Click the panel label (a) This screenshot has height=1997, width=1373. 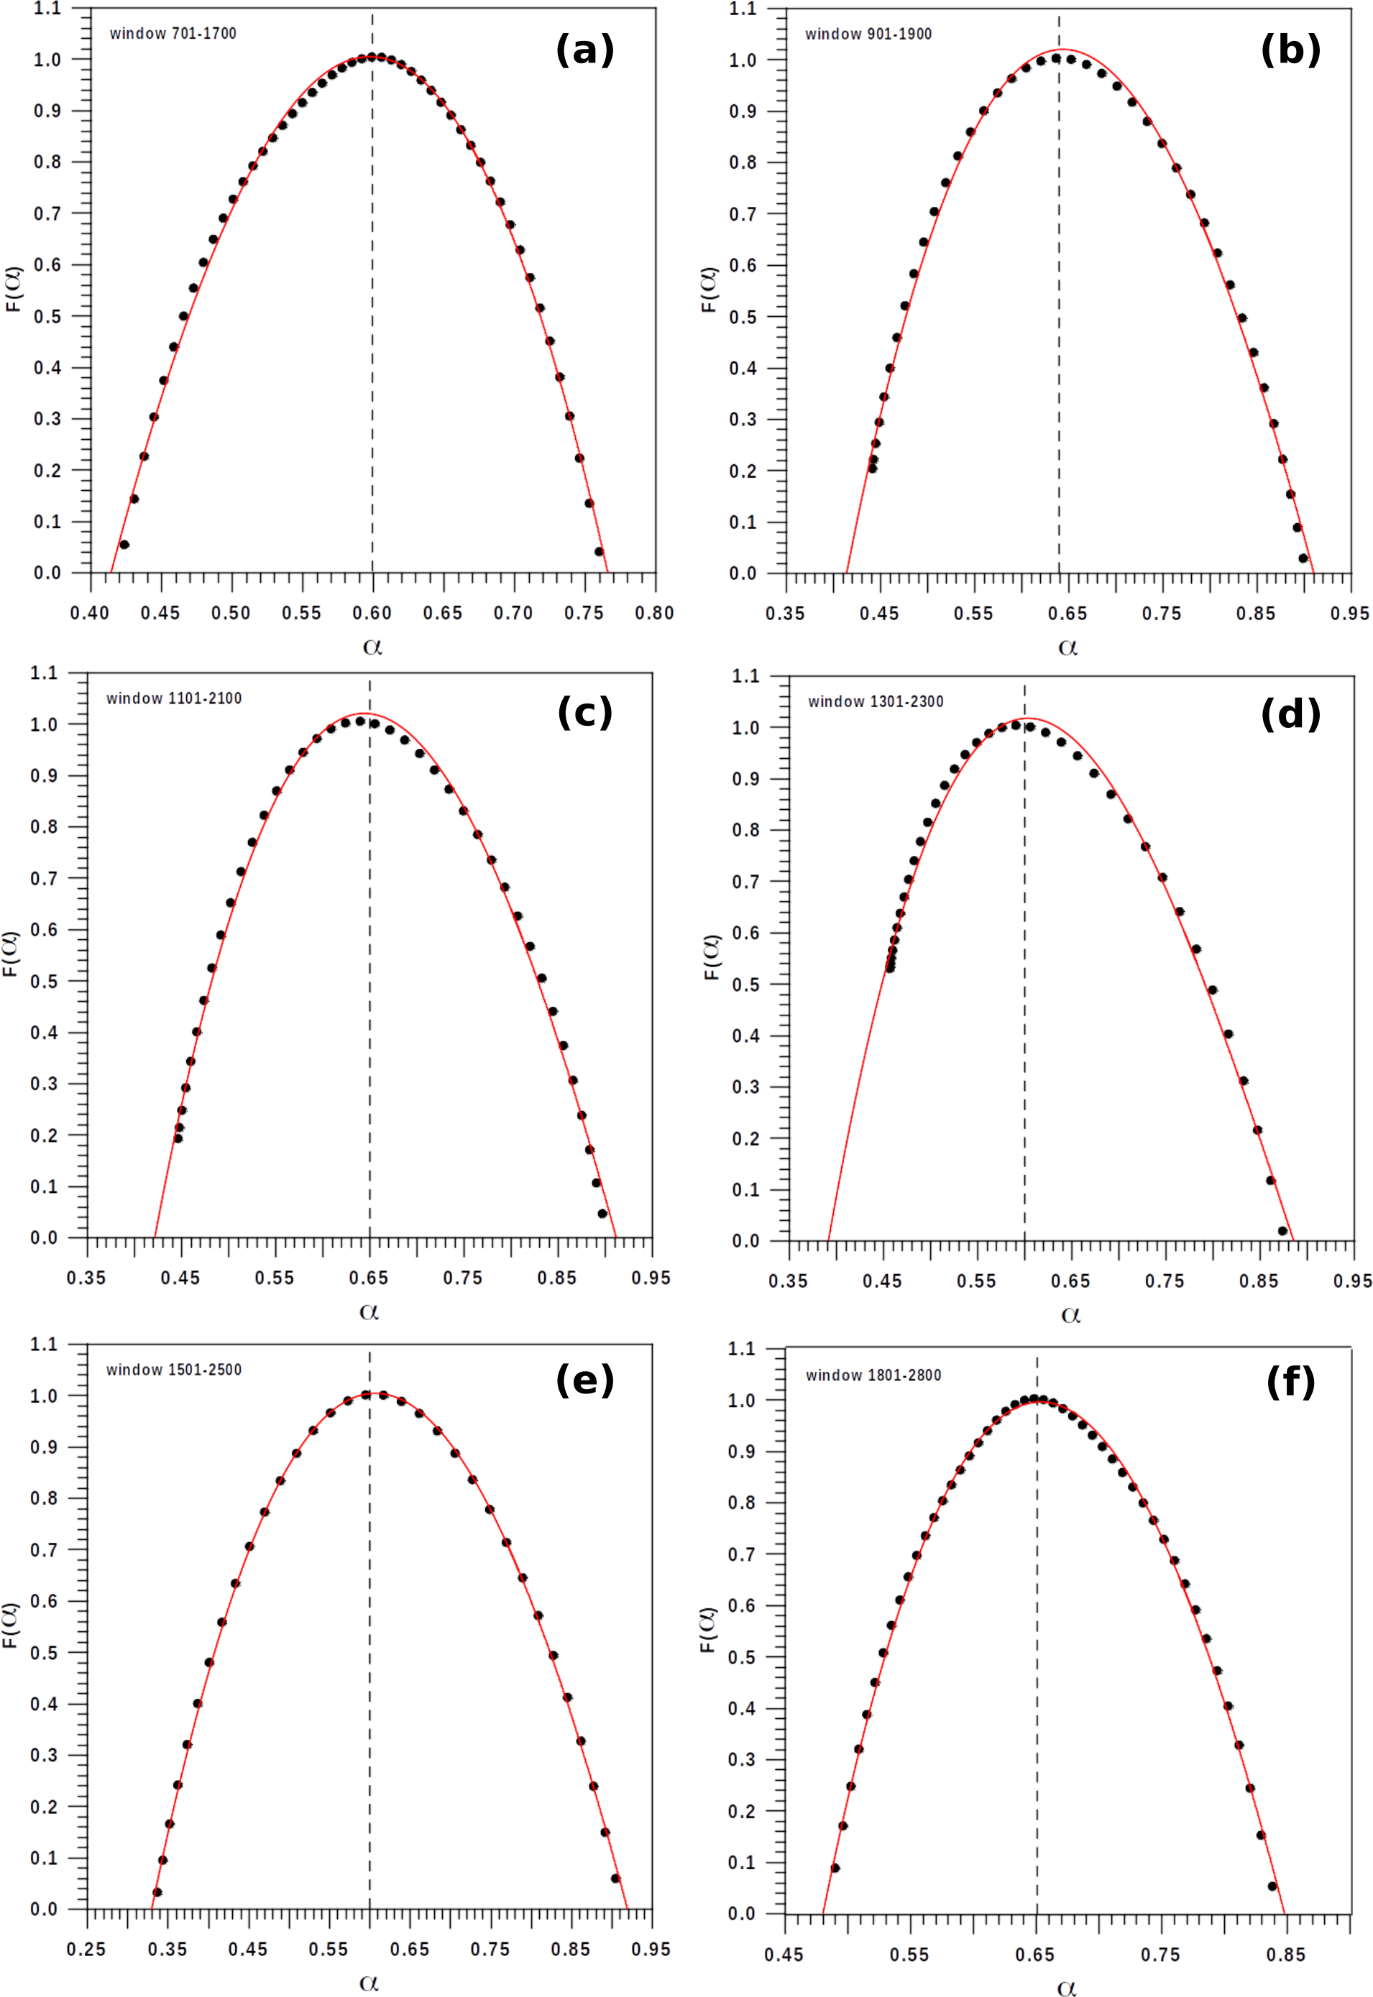(x=585, y=50)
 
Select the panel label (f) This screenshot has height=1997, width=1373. (x=1290, y=1382)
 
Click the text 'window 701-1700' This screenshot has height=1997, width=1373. (x=173, y=34)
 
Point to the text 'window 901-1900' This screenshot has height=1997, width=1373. (x=868, y=34)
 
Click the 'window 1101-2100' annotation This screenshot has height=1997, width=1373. (x=174, y=698)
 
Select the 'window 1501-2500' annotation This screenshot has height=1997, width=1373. (x=174, y=1369)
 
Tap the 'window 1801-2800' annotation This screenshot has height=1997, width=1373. (x=873, y=1375)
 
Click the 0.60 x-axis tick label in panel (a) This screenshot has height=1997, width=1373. (x=372, y=613)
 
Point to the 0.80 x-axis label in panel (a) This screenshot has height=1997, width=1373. (x=655, y=613)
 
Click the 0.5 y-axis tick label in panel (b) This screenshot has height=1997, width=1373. (x=743, y=318)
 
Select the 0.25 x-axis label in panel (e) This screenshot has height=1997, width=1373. (x=86, y=1949)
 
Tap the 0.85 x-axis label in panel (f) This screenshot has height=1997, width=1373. (x=1285, y=1955)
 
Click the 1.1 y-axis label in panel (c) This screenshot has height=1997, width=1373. (x=44, y=673)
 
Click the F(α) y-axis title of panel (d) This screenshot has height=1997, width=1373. (x=712, y=956)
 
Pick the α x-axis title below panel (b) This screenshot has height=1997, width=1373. (x=1067, y=647)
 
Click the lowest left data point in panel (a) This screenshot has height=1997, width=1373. (x=124, y=545)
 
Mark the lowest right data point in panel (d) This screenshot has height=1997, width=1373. (x=1282, y=1231)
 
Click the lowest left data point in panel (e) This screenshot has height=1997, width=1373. (x=157, y=1892)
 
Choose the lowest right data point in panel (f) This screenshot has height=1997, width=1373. (x=1272, y=1886)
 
